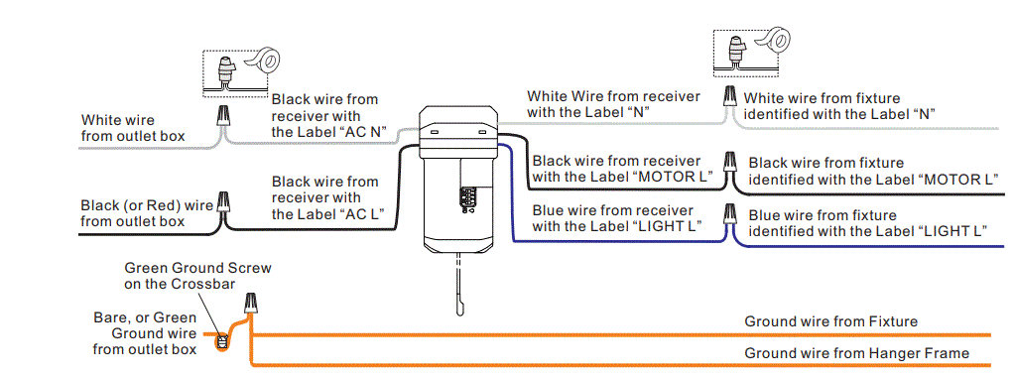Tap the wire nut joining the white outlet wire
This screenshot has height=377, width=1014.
tap(225, 120)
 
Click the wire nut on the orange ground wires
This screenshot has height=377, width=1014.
tap(251, 303)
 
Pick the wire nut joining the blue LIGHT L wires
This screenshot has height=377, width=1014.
tap(730, 214)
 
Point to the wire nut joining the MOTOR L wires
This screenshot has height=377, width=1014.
tap(729, 162)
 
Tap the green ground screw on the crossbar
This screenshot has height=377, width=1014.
tap(223, 343)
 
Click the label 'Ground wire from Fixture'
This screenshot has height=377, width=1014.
tap(830, 321)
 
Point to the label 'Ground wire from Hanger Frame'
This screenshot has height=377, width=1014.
tap(856, 353)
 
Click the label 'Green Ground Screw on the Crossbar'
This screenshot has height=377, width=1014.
tap(197, 275)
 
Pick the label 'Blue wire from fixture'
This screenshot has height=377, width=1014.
tap(823, 215)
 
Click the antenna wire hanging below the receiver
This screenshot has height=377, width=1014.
tap(459, 288)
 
